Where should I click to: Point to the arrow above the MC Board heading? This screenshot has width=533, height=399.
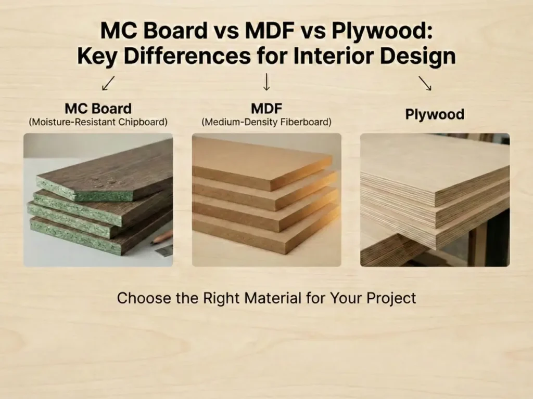point(109,83)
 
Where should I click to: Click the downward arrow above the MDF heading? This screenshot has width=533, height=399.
point(266,82)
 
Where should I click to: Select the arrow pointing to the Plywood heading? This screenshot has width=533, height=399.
point(425,83)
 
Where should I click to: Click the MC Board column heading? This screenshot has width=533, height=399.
point(98,109)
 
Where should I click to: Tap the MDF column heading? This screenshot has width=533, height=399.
point(266,109)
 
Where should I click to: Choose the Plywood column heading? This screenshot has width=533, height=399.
point(435,114)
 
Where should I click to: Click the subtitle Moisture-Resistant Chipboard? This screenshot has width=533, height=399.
point(98,123)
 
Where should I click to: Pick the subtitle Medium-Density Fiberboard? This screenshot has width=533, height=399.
point(266,123)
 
